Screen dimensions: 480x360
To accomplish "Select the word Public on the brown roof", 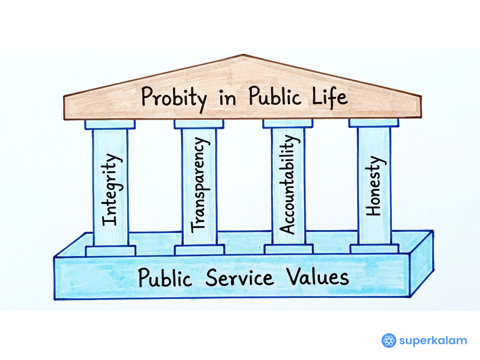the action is [x=275, y=96].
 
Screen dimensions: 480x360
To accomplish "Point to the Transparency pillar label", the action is [x=200, y=185].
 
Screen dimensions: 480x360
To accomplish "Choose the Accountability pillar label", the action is [x=289, y=185].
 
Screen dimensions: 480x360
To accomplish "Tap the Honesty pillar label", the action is [x=375, y=186].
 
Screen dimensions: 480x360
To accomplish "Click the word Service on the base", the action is [x=240, y=277].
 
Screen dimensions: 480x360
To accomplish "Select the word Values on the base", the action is [x=318, y=276].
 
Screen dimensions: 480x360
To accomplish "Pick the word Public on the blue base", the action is [x=165, y=277].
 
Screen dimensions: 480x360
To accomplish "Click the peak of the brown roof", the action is [x=243, y=55].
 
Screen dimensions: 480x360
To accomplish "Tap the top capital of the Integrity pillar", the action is [x=110, y=124].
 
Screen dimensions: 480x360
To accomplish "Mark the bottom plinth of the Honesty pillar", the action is [x=375, y=248].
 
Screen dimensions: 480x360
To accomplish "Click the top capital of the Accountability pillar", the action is [x=288, y=123].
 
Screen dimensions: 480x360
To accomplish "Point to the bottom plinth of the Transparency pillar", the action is [x=200, y=249].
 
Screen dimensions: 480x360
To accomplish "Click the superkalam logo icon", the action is [x=389, y=340].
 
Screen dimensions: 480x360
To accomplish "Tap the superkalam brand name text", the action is [x=433, y=340].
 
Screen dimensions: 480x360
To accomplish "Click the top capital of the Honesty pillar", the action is [x=374, y=123].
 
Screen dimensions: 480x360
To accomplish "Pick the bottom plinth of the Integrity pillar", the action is [x=111, y=250].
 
